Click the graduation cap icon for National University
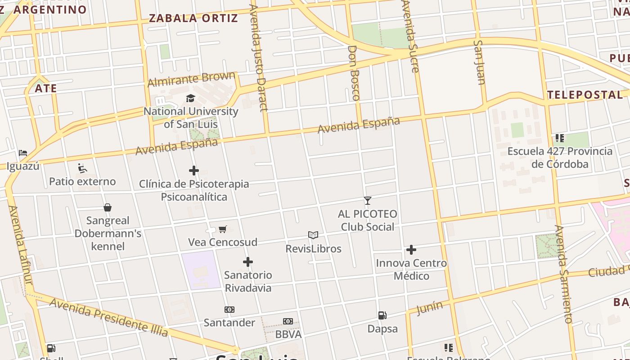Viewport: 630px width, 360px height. click(191, 98)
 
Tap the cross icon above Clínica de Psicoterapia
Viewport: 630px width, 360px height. click(194, 171)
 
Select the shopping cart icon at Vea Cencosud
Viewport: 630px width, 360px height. click(222, 229)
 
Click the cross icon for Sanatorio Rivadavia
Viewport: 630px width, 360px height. click(248, 262)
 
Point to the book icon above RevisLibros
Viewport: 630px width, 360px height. click(313, 235)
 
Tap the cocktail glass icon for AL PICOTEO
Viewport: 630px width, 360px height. click(368, 200)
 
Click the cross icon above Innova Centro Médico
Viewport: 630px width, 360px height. click(411, 250)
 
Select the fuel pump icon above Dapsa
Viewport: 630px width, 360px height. click(382, 315)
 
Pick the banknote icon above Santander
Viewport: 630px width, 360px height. click(229, 310)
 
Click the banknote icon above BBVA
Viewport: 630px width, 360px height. click(288, 321)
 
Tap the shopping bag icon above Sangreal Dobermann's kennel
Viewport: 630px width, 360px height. click(108, 207)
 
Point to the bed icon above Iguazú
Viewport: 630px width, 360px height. click(23, 153)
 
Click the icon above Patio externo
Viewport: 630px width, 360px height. click(82, 168)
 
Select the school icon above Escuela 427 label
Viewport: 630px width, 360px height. click(560, 138)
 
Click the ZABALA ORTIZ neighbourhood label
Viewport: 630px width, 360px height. click(193, 18)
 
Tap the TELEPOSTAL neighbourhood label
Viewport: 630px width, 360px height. click(585, 94)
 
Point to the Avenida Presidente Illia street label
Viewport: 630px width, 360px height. click(108, 317)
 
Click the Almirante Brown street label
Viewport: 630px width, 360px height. click(191, 79)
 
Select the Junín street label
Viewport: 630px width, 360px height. click(429, 308)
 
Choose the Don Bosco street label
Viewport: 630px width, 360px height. click(354, 72)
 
